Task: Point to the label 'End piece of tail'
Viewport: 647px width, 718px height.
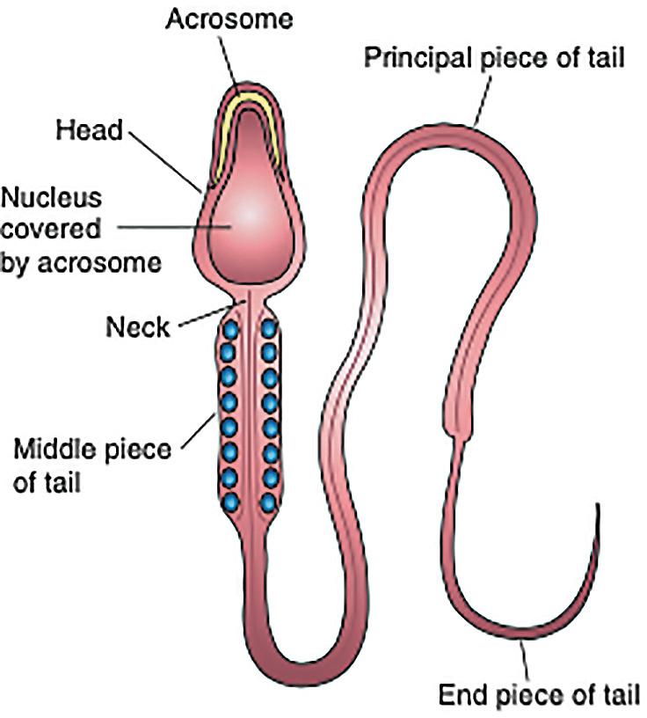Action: tap(538, 695)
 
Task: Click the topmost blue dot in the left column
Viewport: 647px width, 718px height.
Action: tap(230, 330)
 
